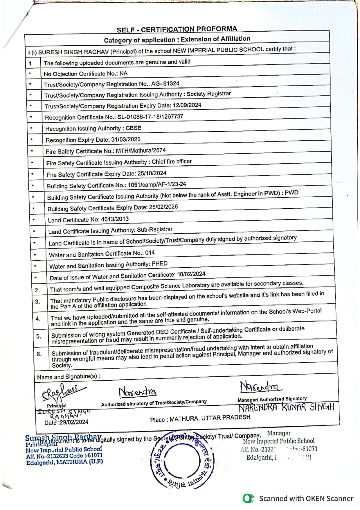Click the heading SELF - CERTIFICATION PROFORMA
[177, 29]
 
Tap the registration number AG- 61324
[165, 84]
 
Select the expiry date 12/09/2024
[187, 105]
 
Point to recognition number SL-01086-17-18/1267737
[150, 117]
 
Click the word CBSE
[134, 128]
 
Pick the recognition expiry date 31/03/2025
[126, 139]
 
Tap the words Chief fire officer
[172, 162]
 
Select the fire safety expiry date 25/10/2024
[152, 173]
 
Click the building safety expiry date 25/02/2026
[163, 207]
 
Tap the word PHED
[160, 264]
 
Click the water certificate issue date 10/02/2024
[191, 274]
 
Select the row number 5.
[39, 337]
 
